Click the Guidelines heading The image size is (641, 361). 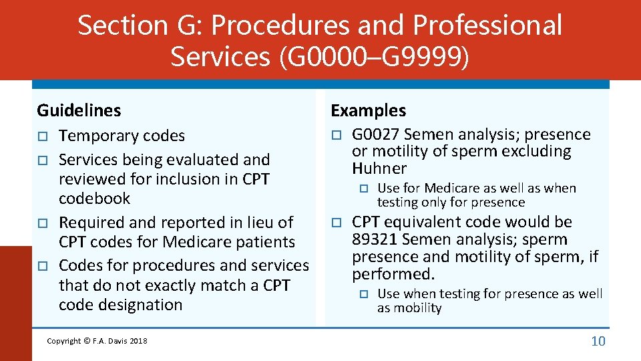coord(79,110)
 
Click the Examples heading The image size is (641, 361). coord(368,110)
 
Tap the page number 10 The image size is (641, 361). coord(598,341)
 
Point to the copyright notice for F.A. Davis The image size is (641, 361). coord(97,341)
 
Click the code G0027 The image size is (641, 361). coord(375,134)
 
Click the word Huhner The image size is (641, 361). coord(379,168)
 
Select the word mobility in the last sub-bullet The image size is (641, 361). coord(419,308)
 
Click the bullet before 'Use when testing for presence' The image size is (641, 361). coord(365,294)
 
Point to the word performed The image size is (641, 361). coord(392,274)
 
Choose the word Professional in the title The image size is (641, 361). coord(487,25)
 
